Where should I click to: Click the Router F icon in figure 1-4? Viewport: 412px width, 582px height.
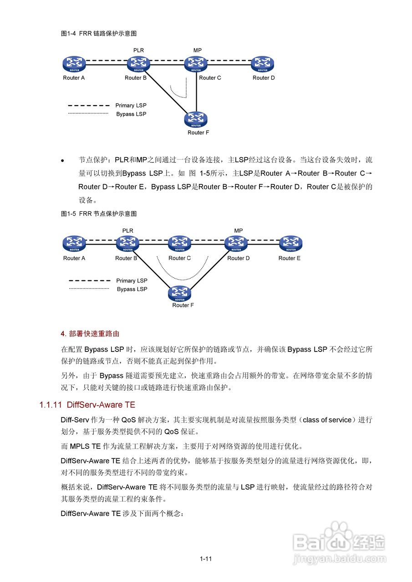pos(196,120)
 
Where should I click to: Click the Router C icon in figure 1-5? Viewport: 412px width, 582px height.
pos(179,243)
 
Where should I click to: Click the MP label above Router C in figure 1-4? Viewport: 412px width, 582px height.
pos(198,50)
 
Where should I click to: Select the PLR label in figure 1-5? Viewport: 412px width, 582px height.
pos(128,231)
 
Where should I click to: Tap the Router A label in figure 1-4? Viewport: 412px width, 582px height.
pos(74,78)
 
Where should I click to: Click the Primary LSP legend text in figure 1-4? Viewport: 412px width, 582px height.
pos(131,105)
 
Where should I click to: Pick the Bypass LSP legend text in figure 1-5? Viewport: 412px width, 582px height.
pos(132,289)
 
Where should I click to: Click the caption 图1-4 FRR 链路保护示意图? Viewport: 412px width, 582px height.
pos(99,34)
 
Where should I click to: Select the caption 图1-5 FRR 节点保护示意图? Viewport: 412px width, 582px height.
pos(99,214)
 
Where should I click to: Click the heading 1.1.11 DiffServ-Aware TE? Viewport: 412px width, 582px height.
pos(87,405)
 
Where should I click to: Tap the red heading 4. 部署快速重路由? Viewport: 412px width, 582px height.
pos(90,334)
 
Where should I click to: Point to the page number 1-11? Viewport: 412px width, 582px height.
pos(206,559)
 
